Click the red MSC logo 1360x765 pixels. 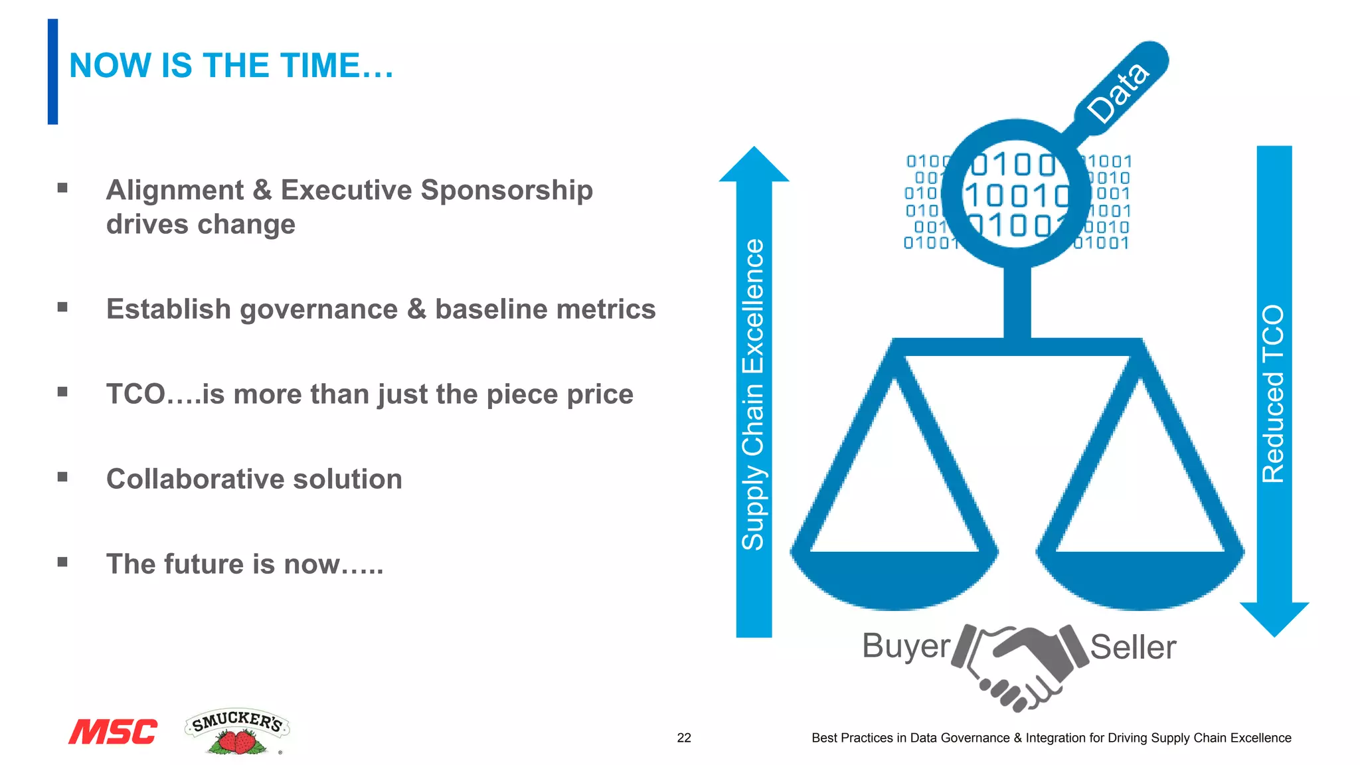[113, 732]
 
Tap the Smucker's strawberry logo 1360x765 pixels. [237, 732]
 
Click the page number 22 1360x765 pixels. [684, 738]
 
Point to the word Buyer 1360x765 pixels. [906, 646]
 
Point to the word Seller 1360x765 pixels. [1133, 647]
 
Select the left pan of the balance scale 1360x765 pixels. [894, 578]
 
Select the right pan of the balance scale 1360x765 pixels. [1140, 578]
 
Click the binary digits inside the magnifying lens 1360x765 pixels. [1016, 195]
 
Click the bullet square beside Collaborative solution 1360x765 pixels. [62, 477]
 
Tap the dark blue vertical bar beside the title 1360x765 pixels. [52, 72]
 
